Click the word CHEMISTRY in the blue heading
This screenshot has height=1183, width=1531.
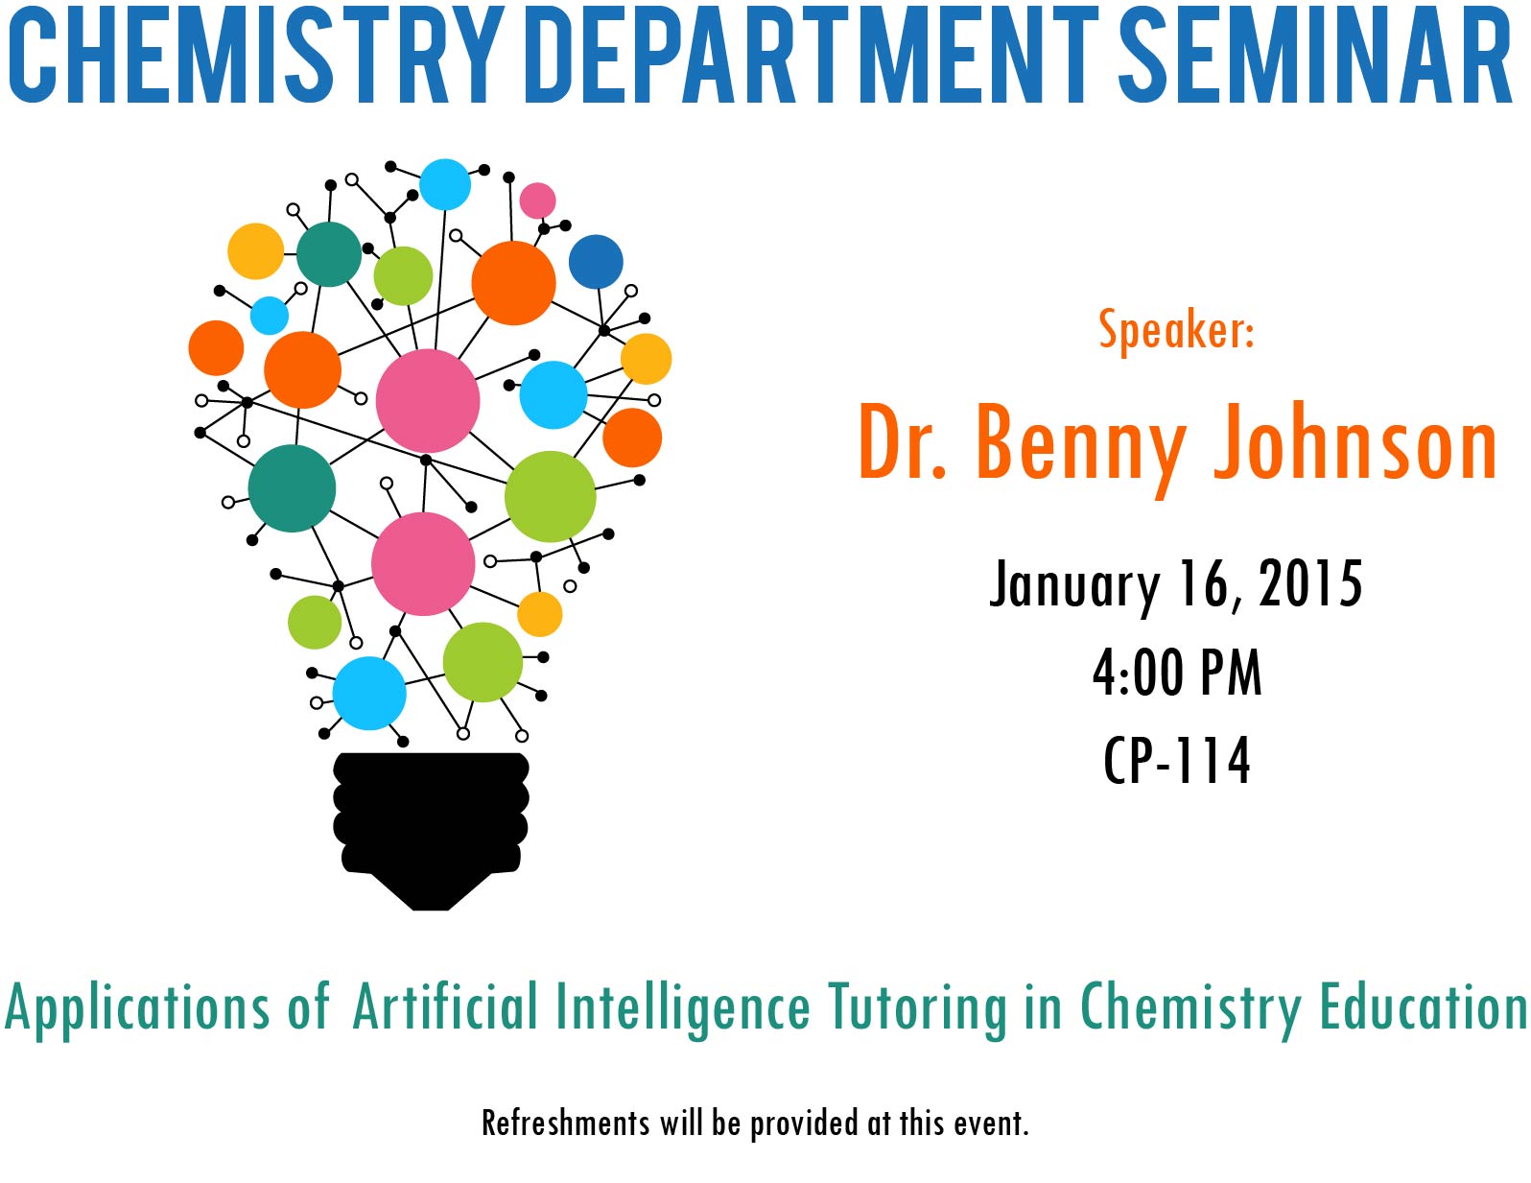[x=256, y=55]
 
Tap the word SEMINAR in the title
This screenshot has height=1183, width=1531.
[x=1315, y=55]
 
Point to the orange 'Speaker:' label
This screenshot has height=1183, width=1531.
[x=1176, y=329]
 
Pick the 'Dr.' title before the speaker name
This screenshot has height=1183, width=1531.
[x=903, y=442]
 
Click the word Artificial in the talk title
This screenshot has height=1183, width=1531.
[x=444, y=1006]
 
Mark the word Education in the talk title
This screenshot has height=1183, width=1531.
[x=1424, y=1006]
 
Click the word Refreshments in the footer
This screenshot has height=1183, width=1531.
[x=566, y=1123]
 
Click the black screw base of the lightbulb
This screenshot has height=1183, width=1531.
[x=431, y=831]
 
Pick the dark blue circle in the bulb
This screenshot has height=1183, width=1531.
[x=596, y=261]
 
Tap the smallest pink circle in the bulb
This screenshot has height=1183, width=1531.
[x=537, y=201]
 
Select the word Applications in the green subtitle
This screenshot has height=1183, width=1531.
[x=136, y=1009]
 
